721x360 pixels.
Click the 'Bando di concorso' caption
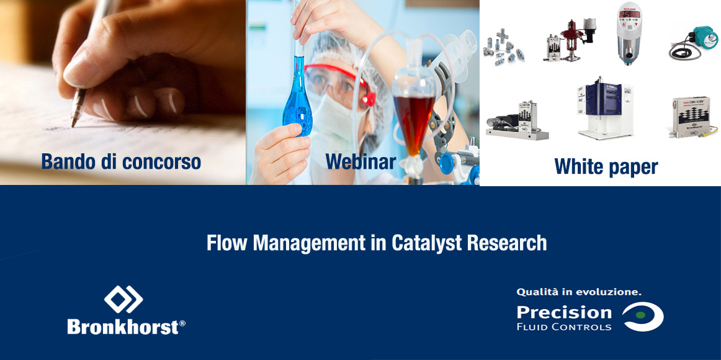[x=121, y=162]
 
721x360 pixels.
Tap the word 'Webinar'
[x=361, y=161]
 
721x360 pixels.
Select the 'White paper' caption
[x=606, y=166]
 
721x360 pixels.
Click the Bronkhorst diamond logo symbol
[x=123, y=299]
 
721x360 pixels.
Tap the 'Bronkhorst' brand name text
[x=122, y=326]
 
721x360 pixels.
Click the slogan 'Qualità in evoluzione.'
[x=579, y=290]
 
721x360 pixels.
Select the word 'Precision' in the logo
[x=563, y=312]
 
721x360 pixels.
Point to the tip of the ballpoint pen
[x=73, y=124]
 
